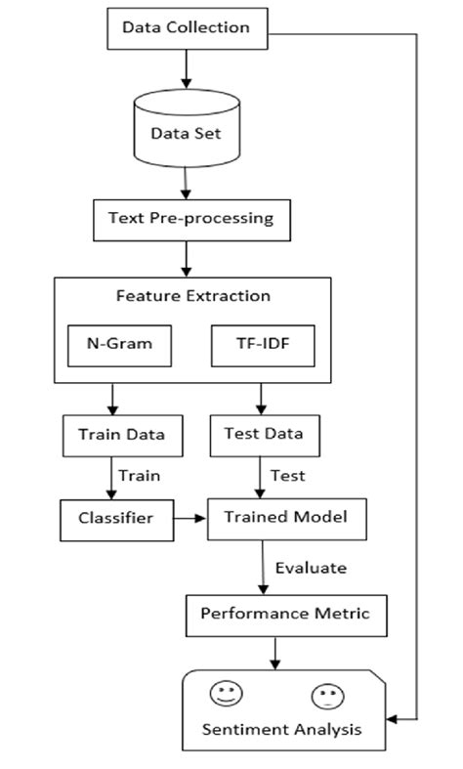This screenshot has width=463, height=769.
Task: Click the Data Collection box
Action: point(185,27)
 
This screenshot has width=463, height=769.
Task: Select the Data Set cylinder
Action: point(185,132)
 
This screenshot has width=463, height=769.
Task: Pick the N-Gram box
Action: point(111,343)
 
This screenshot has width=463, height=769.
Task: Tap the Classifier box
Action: point(114,518)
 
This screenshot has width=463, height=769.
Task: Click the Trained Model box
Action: point(287,518)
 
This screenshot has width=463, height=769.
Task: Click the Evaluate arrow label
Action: point(310,568)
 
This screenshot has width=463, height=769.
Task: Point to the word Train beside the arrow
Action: point(140,476)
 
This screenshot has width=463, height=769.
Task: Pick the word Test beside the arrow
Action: point(287,476)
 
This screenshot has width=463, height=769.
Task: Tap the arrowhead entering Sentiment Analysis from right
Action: point(388,719)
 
